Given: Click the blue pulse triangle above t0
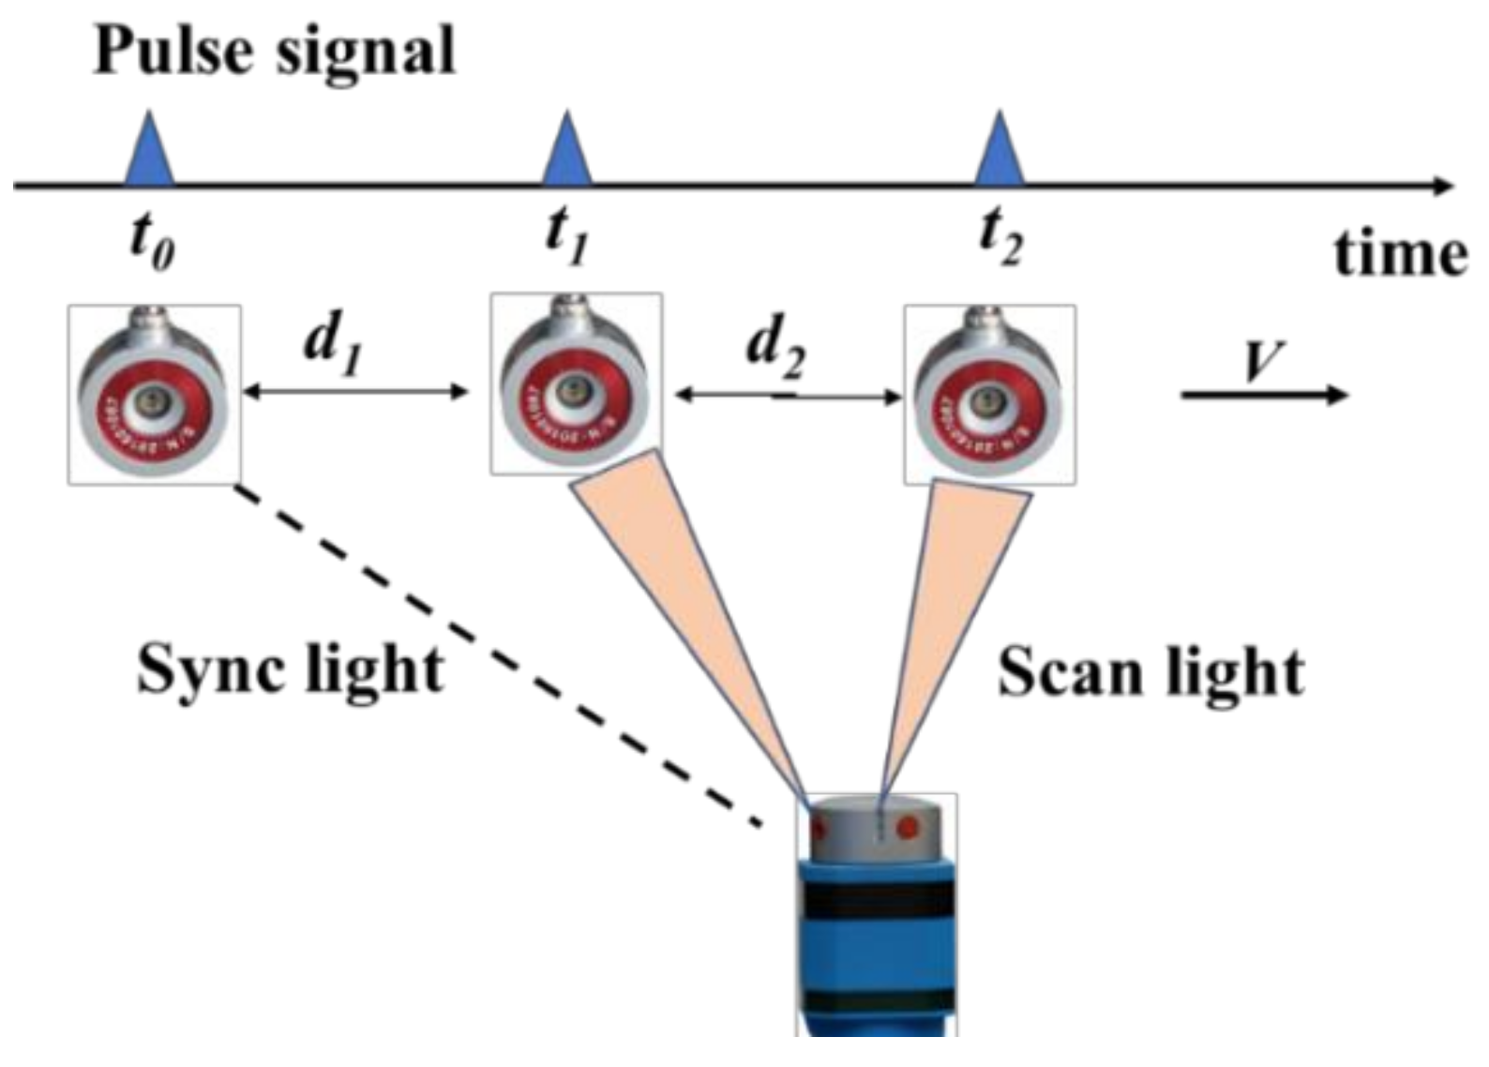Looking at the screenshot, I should point(150,155).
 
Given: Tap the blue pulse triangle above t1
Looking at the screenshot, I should point(567,155).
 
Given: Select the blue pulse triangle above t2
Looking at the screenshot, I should point(1000,155).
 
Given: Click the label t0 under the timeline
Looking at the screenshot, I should point(152,244).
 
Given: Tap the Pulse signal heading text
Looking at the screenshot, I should point(274,51).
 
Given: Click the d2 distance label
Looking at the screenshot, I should point(776,349).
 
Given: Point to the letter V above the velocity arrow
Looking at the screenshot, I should point(1262,361).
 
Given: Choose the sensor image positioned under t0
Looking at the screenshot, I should point(154,394).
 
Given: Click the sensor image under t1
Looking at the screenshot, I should point(576,384).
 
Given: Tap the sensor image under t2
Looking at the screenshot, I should point(989,394).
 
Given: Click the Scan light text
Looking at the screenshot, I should point(1151,673).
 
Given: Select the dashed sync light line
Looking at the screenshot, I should point(497,656).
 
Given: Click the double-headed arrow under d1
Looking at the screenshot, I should point(354,391).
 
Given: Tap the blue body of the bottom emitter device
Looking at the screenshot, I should point(877,947).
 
